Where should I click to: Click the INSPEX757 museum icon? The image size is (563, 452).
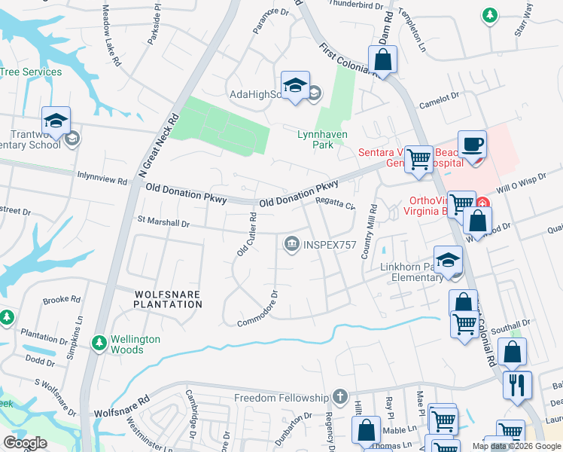click(x=291, y=243)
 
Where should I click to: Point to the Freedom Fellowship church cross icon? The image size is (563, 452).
click(x=340, y=396)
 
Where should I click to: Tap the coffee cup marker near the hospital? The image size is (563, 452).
click(x=472, y=145)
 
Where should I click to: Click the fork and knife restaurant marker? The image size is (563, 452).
click(x=517, y=385)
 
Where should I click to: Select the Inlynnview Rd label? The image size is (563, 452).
click(x=102, y=180)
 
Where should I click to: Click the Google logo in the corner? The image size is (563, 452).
click(x=25, y=442)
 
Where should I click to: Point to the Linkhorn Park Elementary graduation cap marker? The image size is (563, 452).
click(x=448, y=259)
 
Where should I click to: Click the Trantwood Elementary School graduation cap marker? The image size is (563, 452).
click(x=56, y=121)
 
